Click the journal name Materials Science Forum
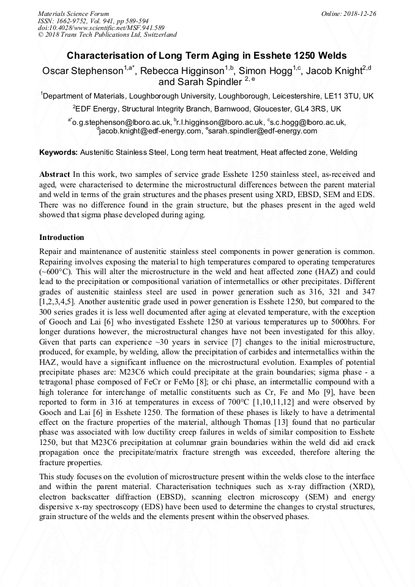point(73,13)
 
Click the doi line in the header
point(101,28)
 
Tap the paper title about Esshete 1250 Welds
point(207,55)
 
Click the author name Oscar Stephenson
point(83,71)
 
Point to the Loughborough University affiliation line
point(207,96)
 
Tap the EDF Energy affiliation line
point(207,108)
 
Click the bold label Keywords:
point(59,152)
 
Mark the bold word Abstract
point(54,174)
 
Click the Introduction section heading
point(61,237)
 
